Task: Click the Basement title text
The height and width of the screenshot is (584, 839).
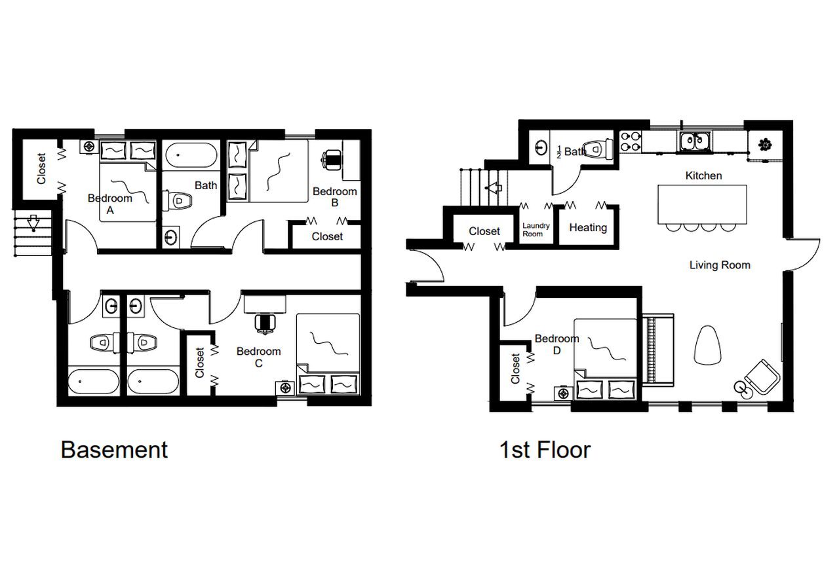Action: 114,450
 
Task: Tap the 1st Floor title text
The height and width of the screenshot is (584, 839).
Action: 545,450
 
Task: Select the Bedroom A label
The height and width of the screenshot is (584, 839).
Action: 109,204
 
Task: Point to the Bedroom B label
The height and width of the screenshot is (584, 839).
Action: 334,196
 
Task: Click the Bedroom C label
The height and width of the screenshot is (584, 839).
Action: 258,357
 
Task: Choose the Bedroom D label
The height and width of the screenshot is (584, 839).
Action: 556,344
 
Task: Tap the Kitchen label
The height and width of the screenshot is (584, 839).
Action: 703,175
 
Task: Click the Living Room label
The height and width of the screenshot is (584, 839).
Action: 719,265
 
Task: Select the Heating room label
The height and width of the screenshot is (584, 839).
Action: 587,228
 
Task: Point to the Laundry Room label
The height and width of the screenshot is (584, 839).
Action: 536,229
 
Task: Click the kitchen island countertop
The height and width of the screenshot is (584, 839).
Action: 702,204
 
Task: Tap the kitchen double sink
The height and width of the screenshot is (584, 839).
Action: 692,141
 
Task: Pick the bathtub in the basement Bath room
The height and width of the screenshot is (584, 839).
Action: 191,158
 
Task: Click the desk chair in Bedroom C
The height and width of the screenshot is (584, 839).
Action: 265,323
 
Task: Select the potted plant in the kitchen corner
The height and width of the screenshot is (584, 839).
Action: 764,145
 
